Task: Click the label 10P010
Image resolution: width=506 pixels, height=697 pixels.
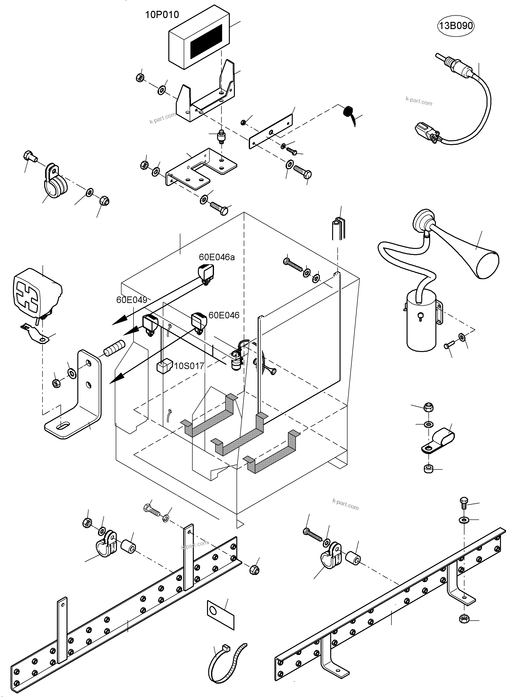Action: click(x=162, y=14)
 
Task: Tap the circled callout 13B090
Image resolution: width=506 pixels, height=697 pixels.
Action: click(x=456, y=25)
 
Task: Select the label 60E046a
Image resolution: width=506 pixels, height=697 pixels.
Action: click(x=217, y=257)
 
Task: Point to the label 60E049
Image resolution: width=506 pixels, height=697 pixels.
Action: click(x=132, y=300)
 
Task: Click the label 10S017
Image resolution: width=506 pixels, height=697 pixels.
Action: click(x=189, y=366)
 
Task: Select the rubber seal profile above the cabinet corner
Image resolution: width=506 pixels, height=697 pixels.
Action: click(x=338, y=228)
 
